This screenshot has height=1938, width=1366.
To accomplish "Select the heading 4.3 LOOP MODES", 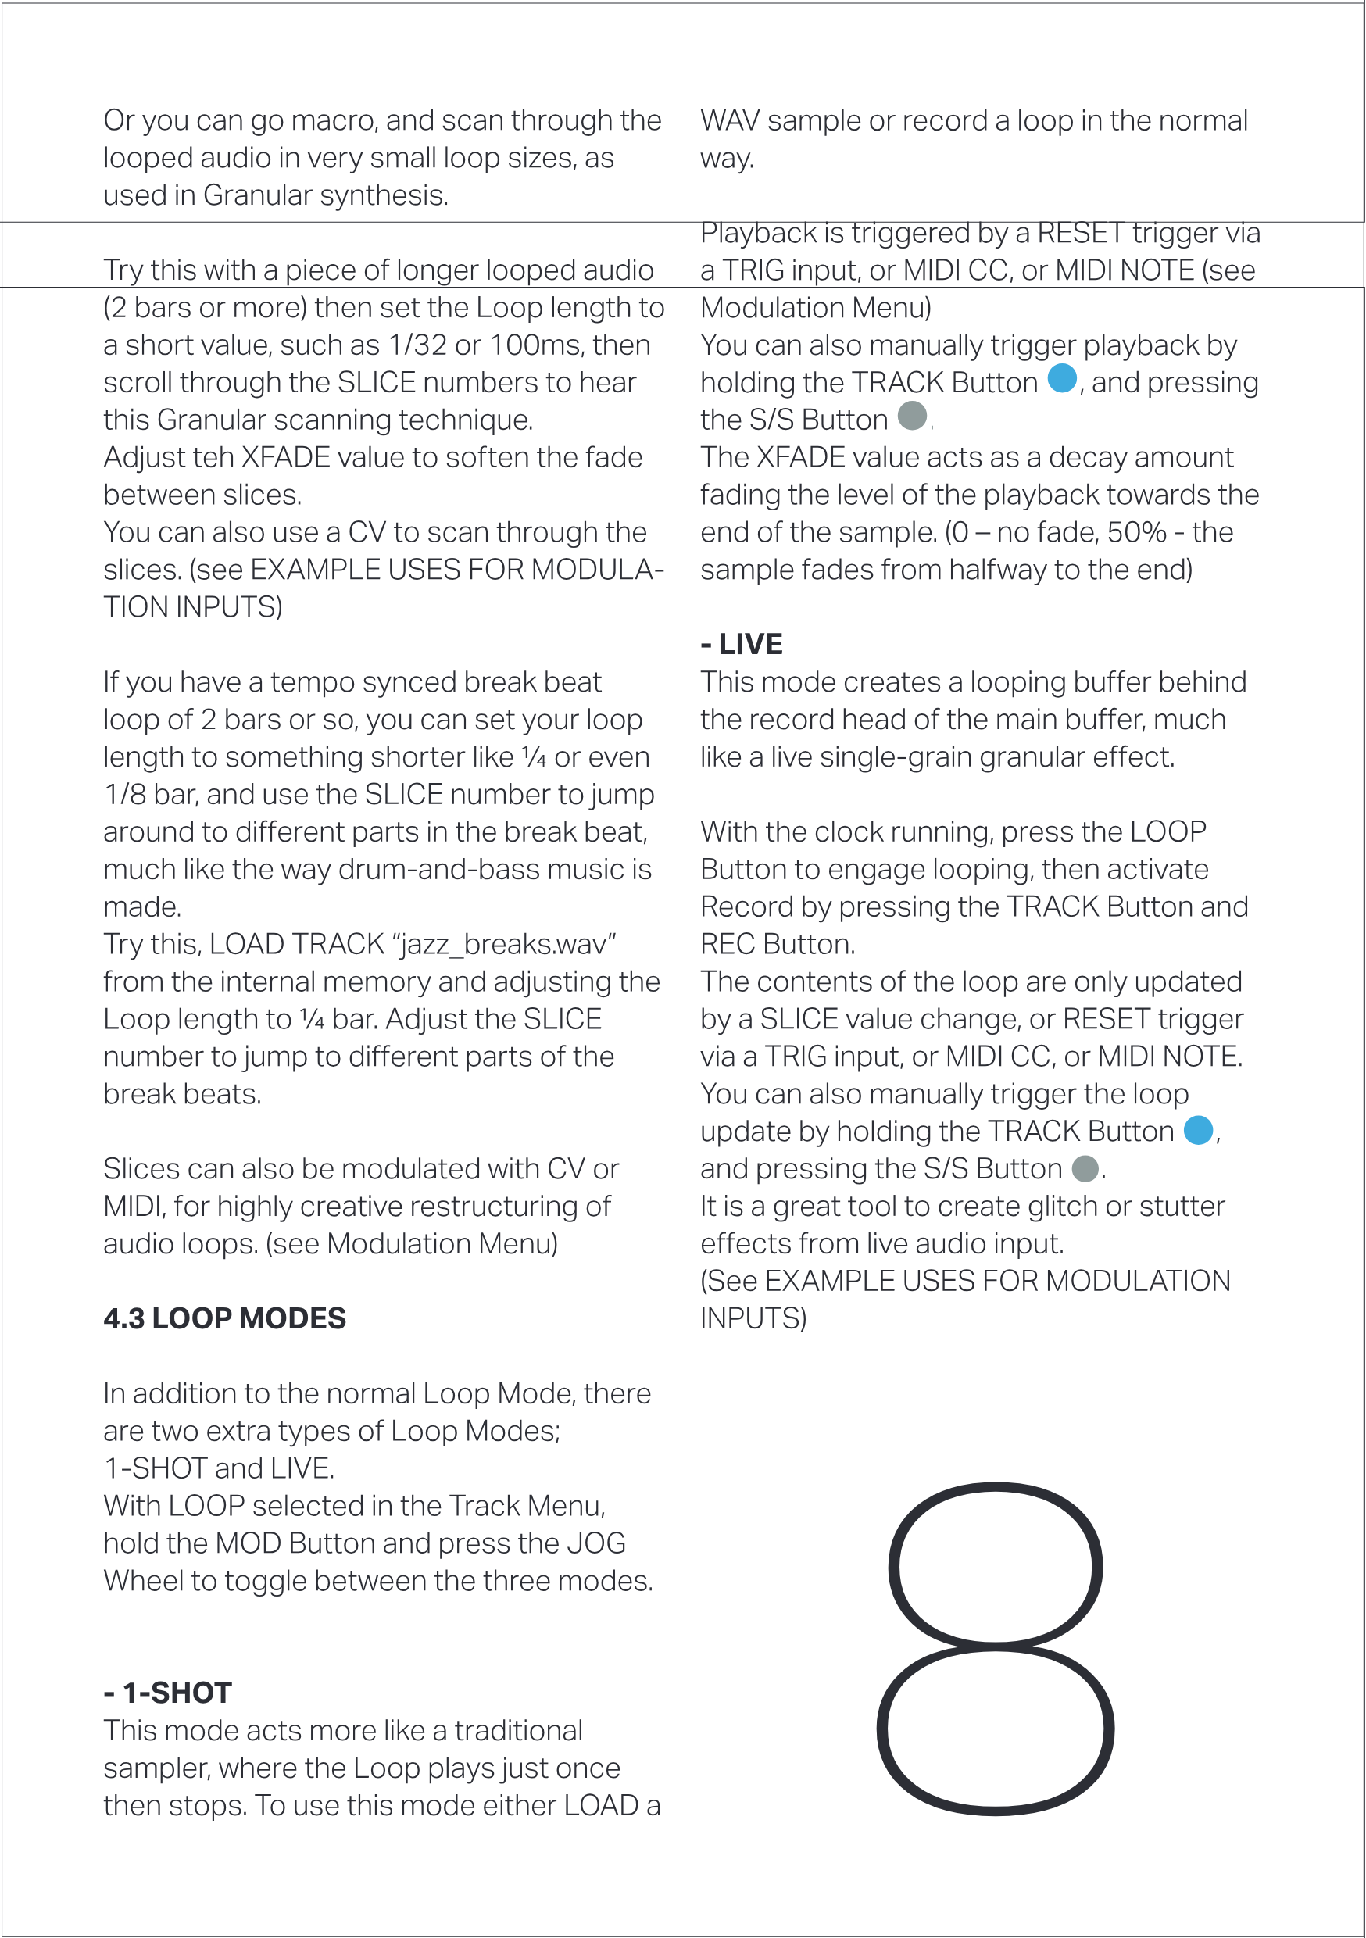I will tap(224, 1318).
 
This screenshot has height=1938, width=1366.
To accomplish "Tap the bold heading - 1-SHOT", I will tap(167, 1693).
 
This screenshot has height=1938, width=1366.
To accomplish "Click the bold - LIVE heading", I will tap(742, 644).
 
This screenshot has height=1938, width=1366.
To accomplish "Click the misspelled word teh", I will tap(215, 457).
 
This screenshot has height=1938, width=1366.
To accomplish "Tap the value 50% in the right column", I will tap(1136, 533).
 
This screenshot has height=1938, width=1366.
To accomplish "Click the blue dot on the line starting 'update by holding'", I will tap(1198, 1130).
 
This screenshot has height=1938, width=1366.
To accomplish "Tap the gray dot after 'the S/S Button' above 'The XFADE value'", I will tap(912, 417).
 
